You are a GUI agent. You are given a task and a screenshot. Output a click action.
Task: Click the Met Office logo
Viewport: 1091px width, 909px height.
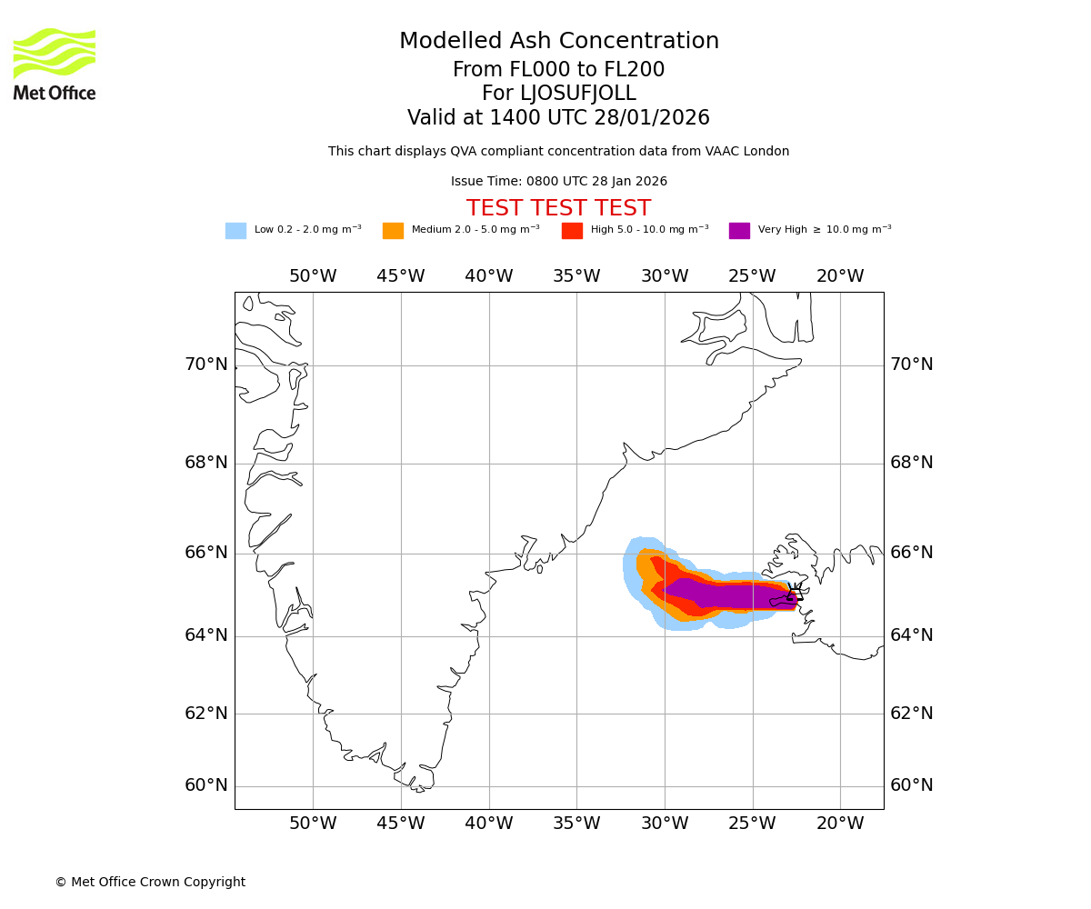(x=55, y=64)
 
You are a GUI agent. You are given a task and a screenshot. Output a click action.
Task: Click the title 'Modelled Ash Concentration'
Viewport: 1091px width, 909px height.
(x=559, y=42)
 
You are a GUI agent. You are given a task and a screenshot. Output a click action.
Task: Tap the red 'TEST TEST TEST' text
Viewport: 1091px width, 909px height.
(x=558, y=208)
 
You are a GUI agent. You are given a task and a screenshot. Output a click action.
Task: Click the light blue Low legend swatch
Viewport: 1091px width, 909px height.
(x=235, y=231)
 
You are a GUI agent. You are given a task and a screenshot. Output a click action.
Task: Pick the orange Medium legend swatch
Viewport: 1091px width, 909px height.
(x=393, y=231)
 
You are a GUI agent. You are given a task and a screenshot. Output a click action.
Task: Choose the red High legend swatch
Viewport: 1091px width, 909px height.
(x=572, y=231)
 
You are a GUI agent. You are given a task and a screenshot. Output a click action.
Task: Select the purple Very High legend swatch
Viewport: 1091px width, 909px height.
(x=739, y=231)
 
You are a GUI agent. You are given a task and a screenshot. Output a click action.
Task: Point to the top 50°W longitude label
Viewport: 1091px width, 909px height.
(x=313, y=276)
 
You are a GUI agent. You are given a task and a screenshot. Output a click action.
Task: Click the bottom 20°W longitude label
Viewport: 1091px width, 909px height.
(x=840, y=824)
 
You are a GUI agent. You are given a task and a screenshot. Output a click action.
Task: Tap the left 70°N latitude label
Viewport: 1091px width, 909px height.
(x=206, y=365)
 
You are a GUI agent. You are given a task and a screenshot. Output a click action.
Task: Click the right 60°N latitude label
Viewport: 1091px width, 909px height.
(x=911, y=785)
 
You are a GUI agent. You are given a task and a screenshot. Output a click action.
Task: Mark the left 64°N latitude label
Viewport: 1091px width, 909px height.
(x=206, y=635)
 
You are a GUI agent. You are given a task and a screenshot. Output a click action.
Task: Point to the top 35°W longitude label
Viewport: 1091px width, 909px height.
(x=576, y=276)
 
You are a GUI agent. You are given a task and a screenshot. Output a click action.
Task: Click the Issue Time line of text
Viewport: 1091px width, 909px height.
(x=558, y=182)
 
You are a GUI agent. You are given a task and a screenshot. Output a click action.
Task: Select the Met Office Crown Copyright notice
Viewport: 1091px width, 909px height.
(x=150, y=883)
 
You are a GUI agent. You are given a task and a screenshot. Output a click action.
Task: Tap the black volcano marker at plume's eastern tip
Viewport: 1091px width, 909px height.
(x=794, y=597)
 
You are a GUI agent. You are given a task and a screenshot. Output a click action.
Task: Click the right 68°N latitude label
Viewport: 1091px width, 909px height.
(x=911, y=463)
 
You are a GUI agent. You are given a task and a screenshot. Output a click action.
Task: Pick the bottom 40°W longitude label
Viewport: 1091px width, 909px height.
(x=489, y=824)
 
